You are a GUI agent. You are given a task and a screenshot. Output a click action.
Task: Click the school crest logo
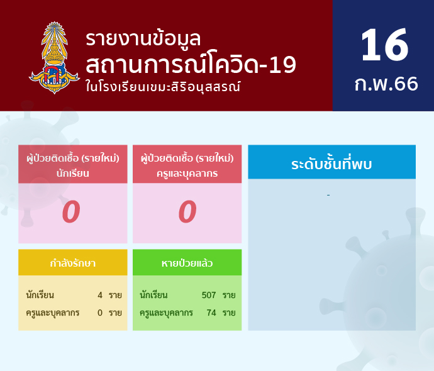pyautogui.click(x=54, y=58)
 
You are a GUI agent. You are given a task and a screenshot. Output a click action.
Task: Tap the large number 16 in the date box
pyautogui.click(x=384, y=45)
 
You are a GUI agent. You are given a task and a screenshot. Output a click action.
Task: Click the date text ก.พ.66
pyautogui.click(x=386, y=84)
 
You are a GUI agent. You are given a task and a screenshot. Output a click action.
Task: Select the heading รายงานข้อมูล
pyautogui.click(x=143, y=39)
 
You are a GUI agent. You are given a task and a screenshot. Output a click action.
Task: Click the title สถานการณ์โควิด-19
pyautogui.click(x=191, y=64)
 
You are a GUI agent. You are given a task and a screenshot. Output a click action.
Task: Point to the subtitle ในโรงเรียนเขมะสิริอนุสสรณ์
pyautogui.click(x=163, y=87)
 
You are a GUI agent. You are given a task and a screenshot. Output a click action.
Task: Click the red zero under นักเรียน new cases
pyautogui.click(x=71, y=212)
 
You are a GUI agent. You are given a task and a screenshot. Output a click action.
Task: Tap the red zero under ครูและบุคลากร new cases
pyautogui.click(x=187, y=212)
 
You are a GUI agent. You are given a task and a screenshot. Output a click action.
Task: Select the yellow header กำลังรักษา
pyautogui.click(x=73, y=263)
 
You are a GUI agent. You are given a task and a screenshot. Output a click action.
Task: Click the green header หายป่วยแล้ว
pyautogui.click(x=187, y=263)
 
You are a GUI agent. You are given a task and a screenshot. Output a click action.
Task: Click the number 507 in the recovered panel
pyautogui.click(x=209, y=295)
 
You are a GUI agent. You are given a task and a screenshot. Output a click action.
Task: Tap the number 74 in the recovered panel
pyautogui.click(x=211, y=313)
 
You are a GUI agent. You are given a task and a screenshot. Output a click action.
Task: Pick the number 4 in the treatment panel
pyautogui.click(x=100, y=295)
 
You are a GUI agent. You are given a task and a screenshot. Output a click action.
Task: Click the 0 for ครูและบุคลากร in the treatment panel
pyautogui.click(x=100, y=313)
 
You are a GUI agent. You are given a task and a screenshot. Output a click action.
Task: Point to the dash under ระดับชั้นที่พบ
pyautogui.click(x=328, y=196)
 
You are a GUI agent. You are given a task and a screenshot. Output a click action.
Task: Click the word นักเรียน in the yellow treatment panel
pyautogui.click(x=40, y=295)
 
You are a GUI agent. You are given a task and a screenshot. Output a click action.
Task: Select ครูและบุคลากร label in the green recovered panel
pyautogui.click(x=166, y=313)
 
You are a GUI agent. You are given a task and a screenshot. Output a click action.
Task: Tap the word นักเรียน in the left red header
pyautogui.click(x=73, y=173)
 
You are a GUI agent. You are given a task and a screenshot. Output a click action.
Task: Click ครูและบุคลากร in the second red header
pyautogui.click(x=187, y=174)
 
